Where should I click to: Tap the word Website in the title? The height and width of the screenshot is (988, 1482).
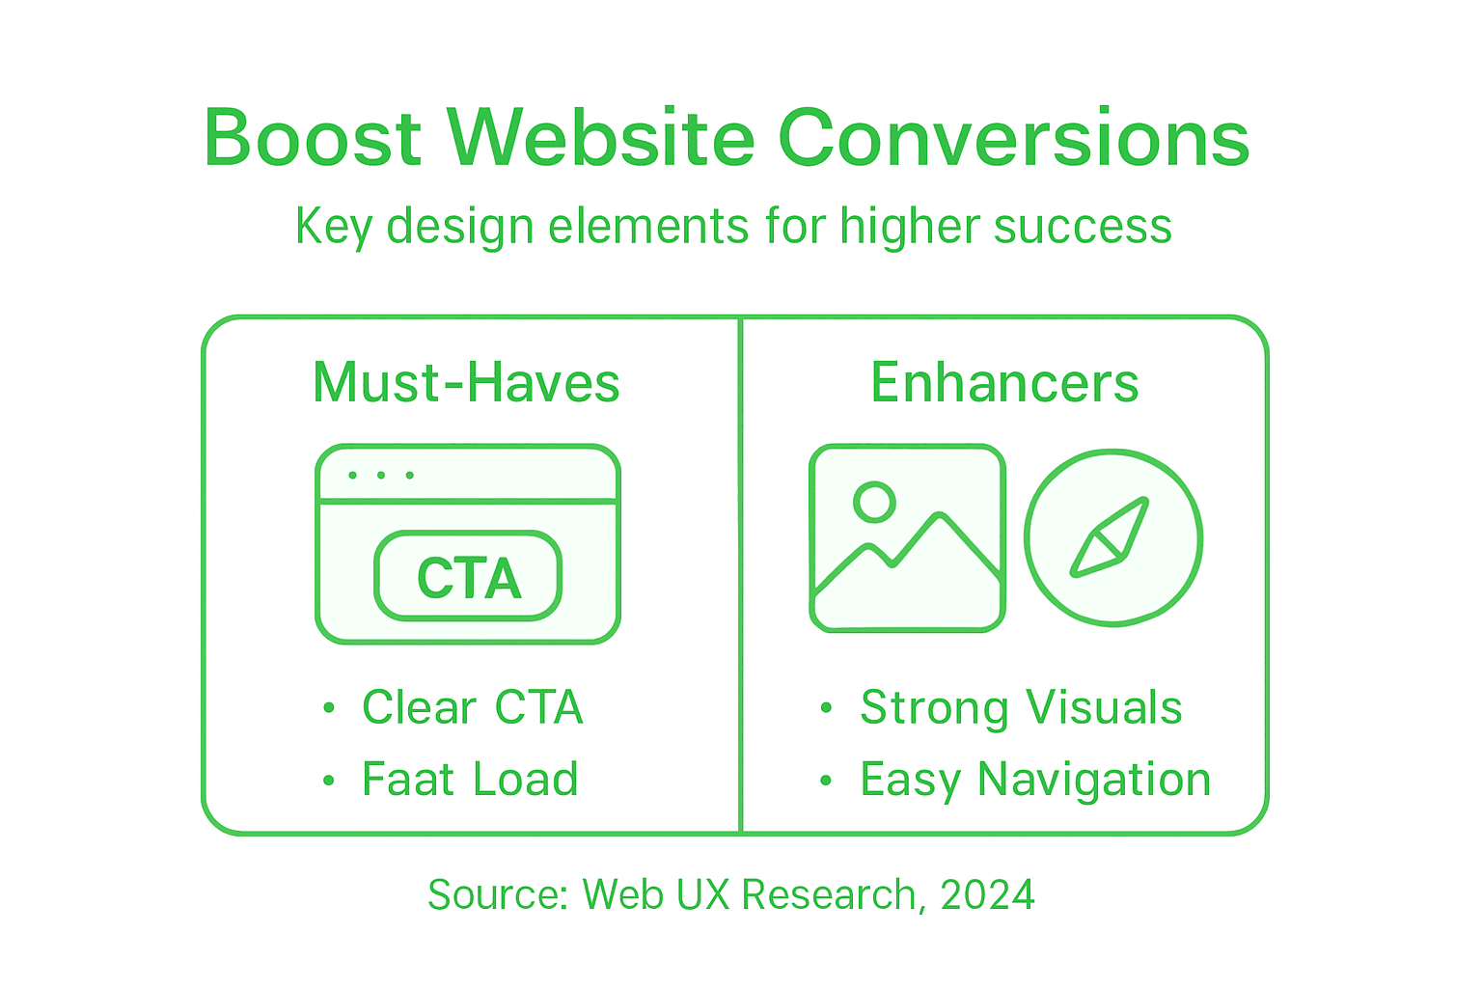pyautogui.click(x=600, y=138)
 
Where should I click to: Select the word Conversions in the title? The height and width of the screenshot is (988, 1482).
pyautogui.click(x=1014, y=138)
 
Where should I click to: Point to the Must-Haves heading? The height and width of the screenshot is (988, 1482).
pyautogui.click(x=466, y=383)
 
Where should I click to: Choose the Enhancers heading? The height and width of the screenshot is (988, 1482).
pyautogui.click(x=1004, y=383)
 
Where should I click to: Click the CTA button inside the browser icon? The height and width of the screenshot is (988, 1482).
pyautogui.click(x=468, y=577)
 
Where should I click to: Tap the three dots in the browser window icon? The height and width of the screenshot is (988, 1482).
pyautogui.click(x=381, y=475)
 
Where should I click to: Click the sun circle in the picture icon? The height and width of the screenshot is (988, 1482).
pyautogui.click(x=874, y=502)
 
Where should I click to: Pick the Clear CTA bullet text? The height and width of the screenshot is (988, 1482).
pyautogui.click(x=472, y=707)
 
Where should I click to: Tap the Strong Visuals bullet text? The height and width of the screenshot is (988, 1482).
pyautogui.click(x=1021, y=707)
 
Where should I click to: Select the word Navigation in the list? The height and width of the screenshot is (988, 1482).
pyautogui.click(x=1094, y=780)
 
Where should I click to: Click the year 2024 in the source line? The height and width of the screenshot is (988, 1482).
pyautogui.click(x=987, y=894)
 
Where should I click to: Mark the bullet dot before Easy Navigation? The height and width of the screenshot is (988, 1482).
pyautogui.click(x=826, y=780)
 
